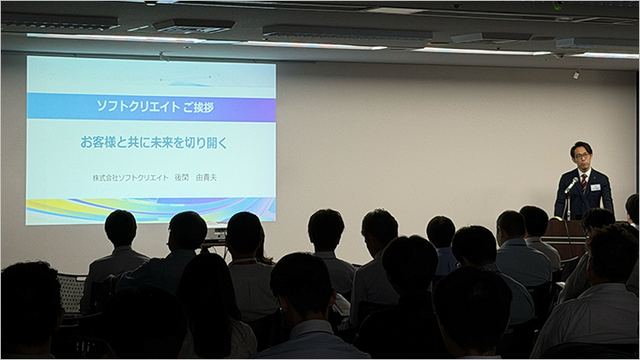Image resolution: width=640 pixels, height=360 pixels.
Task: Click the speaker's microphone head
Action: coord(575,180)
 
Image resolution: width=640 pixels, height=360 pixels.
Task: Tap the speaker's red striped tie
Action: coord(584,181)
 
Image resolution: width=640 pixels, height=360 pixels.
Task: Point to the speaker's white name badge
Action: coord(595,188)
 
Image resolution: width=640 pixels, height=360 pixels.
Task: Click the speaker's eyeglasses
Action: coord(581,156)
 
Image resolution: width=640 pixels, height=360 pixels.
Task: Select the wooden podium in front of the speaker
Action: coord(566,239)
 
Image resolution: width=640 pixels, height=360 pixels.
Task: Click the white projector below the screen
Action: coord(215,234)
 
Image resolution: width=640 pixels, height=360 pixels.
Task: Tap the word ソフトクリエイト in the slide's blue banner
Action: coord(138,107)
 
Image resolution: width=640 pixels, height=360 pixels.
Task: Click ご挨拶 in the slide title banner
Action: coord(198,107)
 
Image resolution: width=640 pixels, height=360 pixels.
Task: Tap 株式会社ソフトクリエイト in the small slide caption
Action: coord(130,178)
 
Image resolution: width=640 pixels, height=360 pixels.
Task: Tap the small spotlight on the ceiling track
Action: coord(576,75)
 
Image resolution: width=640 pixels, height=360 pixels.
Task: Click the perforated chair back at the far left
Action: coord(71,293)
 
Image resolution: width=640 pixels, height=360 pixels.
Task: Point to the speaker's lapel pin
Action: coord(597,178)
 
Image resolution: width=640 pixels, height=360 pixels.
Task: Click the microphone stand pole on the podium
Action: coord(566,205)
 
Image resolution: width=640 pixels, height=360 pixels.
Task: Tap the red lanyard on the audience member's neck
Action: coord(244,260)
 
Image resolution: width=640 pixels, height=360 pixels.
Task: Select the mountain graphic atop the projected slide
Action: coord(188,84)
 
